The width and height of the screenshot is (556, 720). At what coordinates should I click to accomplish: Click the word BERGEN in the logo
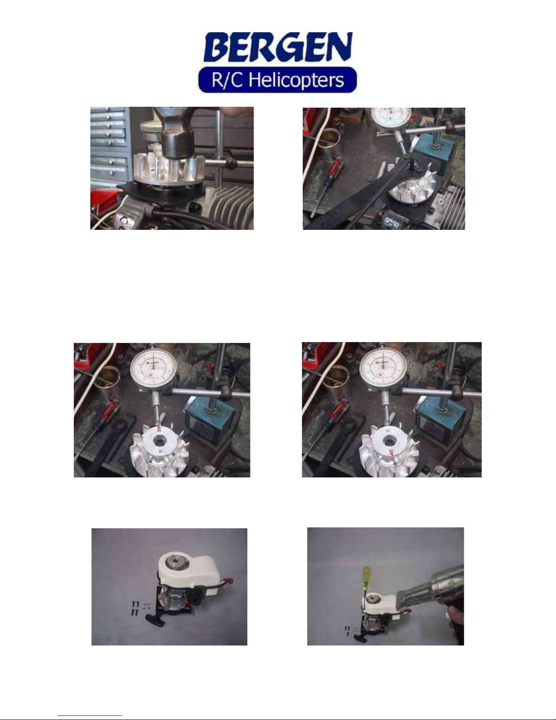(x=278, y=47)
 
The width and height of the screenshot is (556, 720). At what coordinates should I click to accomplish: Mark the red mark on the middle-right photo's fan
(x=392, y=454)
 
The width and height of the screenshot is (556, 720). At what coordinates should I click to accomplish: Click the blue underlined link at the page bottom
(x=90, y=715)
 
